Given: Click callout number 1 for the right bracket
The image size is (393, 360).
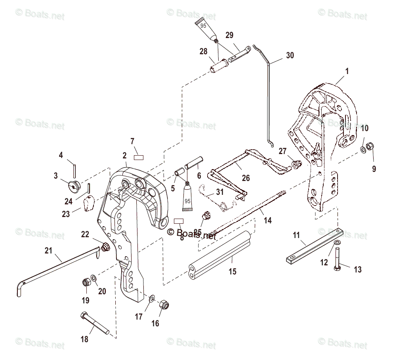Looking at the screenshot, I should point(347,72).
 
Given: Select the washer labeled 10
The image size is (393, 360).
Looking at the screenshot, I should point(363,150).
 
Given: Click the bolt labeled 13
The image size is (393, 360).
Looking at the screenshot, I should point(337,259).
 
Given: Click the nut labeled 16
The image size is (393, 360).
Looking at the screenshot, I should point(164,305).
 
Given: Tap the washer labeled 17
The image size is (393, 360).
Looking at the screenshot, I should point(152,298).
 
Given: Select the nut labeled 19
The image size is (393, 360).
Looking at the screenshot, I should point(85,282).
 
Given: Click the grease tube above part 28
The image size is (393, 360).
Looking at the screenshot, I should point(206,29).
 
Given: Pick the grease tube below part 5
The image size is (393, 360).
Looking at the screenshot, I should point(187,196).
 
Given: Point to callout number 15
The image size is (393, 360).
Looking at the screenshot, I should point(233,271).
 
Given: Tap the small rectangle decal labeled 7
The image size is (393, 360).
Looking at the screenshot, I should point(138,157).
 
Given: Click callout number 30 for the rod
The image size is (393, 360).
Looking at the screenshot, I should point(290,55).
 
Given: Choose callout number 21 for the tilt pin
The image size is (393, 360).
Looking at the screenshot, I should point(48,250).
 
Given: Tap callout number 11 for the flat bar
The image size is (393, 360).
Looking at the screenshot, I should point(296,236).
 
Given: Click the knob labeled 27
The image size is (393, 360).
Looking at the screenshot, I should point(295,164).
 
